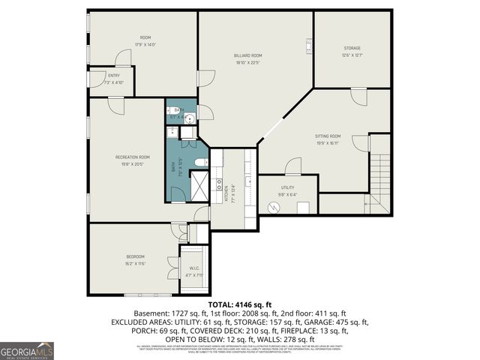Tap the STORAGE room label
click(x=352, y=48)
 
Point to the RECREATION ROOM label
click(x=132, y=157)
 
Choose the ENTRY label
click(x=113, y=75)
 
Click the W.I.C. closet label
click(x=193, y=268)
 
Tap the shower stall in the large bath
click(x=199, y=185)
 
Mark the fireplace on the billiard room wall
click(x=308, y=45)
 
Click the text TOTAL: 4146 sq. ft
click(x=239, y=304)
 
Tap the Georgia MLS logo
click(x=27, y=350)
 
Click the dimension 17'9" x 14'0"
click(x=145, y=45)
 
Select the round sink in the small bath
click(x=190, y=118)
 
